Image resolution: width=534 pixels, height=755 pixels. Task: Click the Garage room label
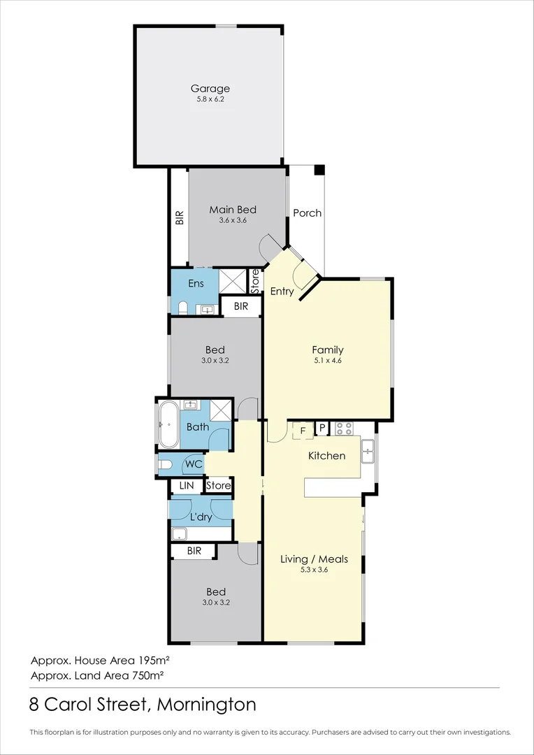(x=210, y=89)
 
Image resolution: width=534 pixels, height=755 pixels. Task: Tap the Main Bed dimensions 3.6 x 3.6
(x=233, y=220)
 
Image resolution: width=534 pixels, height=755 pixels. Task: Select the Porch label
(x=308, y=213)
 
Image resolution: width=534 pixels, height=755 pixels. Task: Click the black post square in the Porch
(x=319, y=170)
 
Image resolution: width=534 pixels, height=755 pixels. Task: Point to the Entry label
(x=282, y=292)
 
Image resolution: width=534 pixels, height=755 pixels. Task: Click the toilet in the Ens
(x=182, y=307)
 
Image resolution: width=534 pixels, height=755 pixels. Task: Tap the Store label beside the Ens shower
(x=255, y=281)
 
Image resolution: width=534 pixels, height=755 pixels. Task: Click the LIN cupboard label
(x=187, y=486)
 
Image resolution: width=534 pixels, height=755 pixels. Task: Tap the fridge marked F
(x=303, y=430)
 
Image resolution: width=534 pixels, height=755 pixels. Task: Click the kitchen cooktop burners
(x=345, y=429)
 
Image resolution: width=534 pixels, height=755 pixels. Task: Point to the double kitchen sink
(x=368, y=451)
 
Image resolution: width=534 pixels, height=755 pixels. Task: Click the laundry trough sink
(x=180, y=533)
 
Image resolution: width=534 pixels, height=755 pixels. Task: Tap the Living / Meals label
(x=315, y=559)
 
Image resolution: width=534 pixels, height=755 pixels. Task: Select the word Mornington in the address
(x=207, y=705)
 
